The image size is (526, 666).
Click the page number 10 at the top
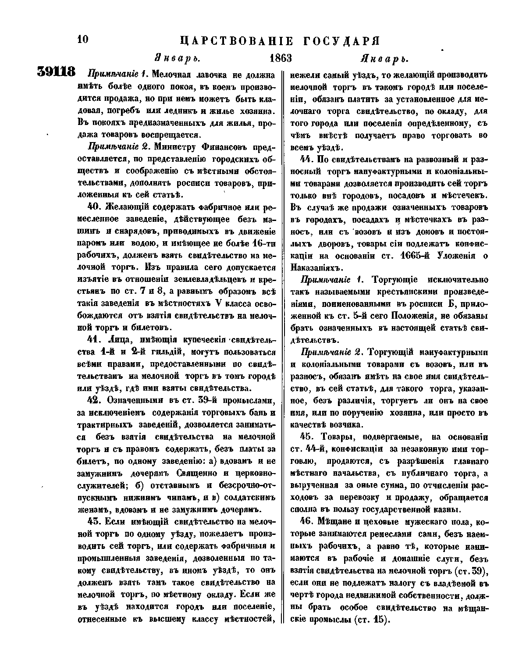click(83, 39)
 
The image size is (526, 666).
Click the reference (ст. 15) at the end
click(371, 620)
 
